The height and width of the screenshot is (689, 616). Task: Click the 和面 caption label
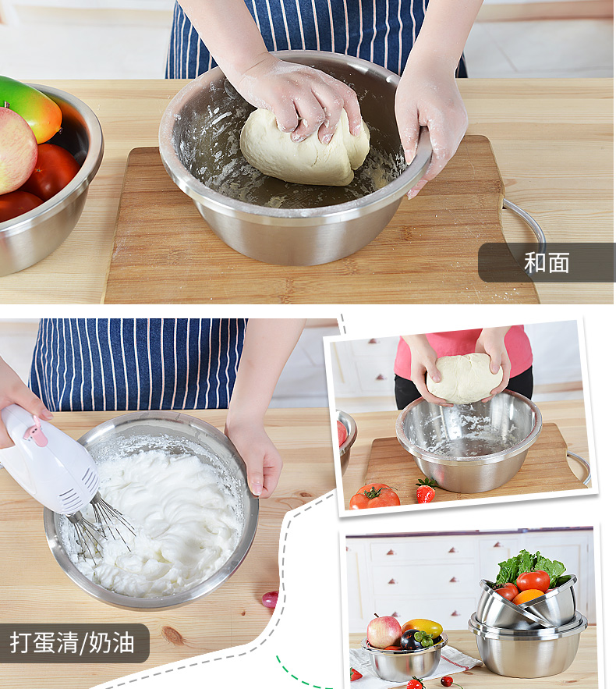pyautogui.click(x=547, y=262)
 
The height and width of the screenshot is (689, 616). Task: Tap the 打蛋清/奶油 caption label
pyautogui.click(x=73, y=643)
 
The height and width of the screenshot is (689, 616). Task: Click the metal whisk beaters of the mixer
pyautogui.click(x=100, y=530)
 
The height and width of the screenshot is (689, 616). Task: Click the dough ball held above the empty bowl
pyautogui.click(x=464, y=378)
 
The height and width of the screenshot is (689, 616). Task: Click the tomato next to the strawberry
pyautogui.click(x=374, y=496)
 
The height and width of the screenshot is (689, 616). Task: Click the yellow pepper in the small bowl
pyautogui.click(x=423, y=627)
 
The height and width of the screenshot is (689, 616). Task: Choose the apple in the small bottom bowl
pyautogui.click(x=384, y=632)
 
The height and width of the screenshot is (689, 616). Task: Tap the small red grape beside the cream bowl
pyautogui.click(x=270, y=599)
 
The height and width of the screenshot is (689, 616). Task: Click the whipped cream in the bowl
pyautogui.click(x=162, y=520)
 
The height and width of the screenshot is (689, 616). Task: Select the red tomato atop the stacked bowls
pyautogui.click(x=533, y=581)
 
